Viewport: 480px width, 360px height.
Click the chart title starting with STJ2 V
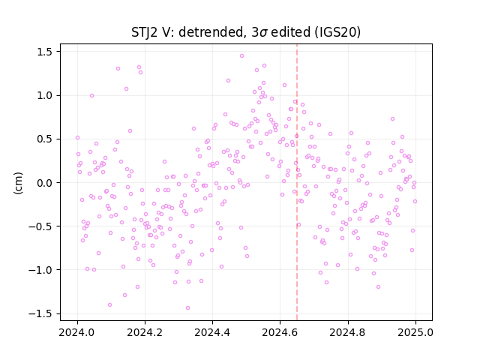246,32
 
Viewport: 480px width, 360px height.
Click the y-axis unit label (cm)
18,183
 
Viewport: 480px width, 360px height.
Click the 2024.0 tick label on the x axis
77,332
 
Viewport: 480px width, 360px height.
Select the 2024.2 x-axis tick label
145,332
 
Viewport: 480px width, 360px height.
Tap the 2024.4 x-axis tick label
212,332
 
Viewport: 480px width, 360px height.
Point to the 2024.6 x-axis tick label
280,332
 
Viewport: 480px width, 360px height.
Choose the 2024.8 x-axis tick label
348,332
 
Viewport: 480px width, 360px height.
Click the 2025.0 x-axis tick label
415,332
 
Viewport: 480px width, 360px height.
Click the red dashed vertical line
297,182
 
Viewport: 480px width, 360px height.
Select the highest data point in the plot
241,56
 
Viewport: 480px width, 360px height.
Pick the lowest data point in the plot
188,308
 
